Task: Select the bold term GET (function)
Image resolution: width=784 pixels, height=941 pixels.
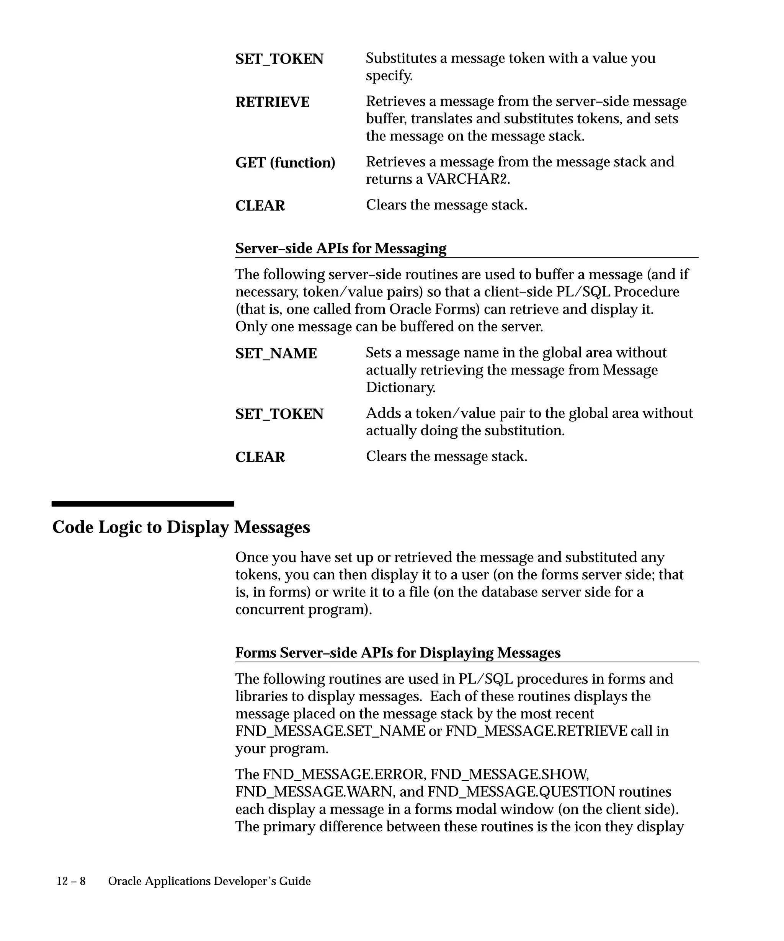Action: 285,162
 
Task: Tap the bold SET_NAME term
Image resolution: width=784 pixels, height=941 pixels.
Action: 276,354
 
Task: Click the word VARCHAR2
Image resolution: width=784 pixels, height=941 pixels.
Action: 468,179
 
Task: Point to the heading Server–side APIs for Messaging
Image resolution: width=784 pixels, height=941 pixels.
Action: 340,248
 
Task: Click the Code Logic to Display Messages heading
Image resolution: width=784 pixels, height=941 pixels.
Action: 181,527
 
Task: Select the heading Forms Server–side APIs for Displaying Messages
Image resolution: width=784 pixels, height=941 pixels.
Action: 398,652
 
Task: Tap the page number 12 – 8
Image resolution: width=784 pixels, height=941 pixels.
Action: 71,881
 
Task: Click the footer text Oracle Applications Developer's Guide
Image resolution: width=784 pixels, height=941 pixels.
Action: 209,881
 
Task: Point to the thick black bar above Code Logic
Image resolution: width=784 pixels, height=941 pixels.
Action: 142,504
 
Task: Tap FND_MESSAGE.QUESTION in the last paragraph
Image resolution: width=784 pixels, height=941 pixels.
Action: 521,792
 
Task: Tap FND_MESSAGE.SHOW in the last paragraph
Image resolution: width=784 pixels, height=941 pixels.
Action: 509,774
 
